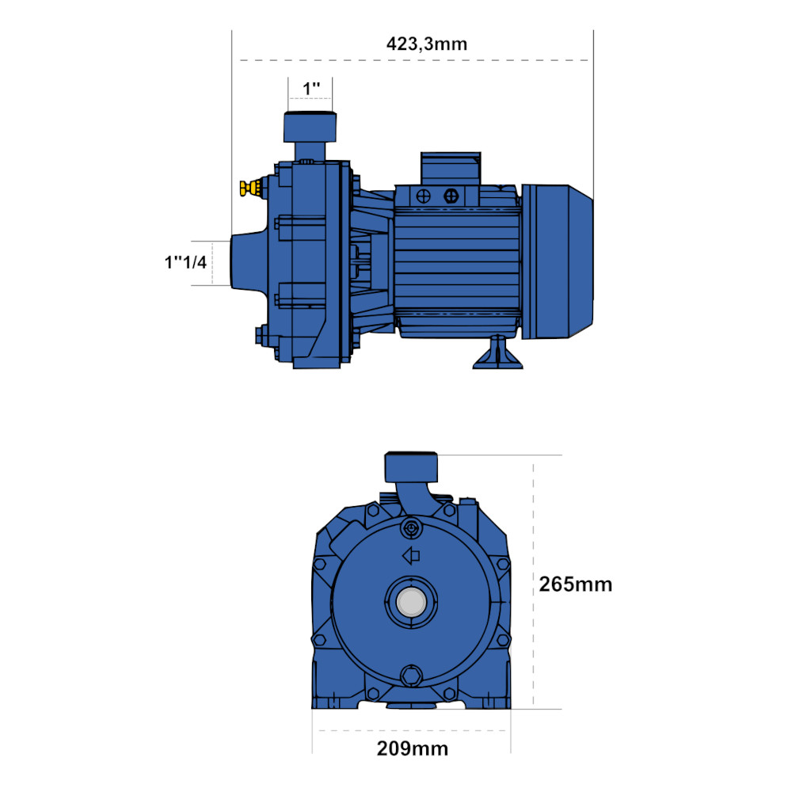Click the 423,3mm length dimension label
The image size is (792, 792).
[x=427, y=44]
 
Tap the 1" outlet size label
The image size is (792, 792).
[x=311, y=89]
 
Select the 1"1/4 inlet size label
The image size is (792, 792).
[x=185, y=262]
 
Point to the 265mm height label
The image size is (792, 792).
[x=575, y=584]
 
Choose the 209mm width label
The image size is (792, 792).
[x=412, y=748]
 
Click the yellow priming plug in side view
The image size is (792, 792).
[x=250, y=188]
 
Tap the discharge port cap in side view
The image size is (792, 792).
[x=310, y=127]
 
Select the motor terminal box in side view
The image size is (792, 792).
[x=451, y=169]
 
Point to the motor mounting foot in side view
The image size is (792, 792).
[x=497, y=352]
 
